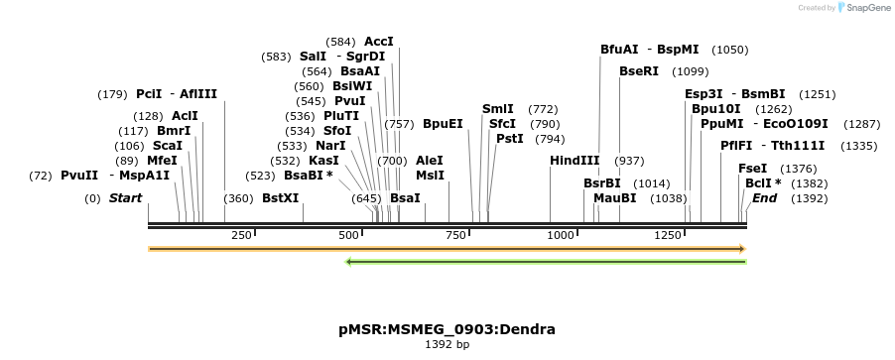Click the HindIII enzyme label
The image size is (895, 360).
pos(575,161)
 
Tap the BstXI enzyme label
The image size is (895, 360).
pos(280,198)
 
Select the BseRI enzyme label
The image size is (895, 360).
pos(638,71)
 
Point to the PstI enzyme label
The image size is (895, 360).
pos(509,139)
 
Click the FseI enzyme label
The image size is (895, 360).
pos(752,169)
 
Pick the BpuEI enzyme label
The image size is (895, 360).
pos(443,124)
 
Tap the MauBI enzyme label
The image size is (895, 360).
pos(614,198)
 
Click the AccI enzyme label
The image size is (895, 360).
pos(379,42)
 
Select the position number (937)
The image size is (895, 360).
pos(629,161)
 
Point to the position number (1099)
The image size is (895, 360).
pos(690,71)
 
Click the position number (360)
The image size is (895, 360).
pos(238,198)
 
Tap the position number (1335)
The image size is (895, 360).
pos(859,146)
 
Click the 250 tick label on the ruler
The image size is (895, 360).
pos(241,235)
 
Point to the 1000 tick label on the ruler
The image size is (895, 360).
pos(562,235)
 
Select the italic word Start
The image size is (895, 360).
pos(125,198)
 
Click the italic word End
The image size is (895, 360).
pos(764,198)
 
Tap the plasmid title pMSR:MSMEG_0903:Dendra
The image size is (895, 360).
pos(447,328)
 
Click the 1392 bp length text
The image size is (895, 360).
pos(447,344)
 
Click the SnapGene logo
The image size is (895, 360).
pos(861,8)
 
